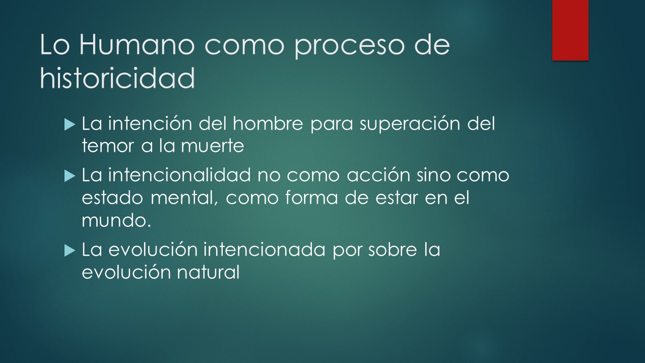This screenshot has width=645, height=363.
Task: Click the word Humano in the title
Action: tap(137, 45)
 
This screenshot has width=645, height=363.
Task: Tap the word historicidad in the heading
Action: tap(117, 78)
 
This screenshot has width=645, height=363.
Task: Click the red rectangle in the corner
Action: tap(570, 30)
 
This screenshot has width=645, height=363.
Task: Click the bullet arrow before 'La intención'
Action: tap(70, 125)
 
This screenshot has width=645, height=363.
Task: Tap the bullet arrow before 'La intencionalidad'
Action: tap(70, 176)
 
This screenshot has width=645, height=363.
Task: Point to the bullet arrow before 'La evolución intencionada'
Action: tap(70, 251)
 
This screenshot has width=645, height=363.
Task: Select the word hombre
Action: tap(268, 124)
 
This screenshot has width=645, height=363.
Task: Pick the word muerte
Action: tap(213, 146)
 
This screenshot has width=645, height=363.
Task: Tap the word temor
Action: tap(108, 146)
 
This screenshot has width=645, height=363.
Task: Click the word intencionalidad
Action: tap(179, 174)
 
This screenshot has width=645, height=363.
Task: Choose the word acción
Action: tap(378, 174)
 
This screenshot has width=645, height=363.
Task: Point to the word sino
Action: tap(433, 174)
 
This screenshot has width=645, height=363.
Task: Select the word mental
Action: tap(184, 199)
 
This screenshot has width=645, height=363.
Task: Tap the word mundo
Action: tap(116, 220)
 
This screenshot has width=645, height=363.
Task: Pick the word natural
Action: tap(208, 272)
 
